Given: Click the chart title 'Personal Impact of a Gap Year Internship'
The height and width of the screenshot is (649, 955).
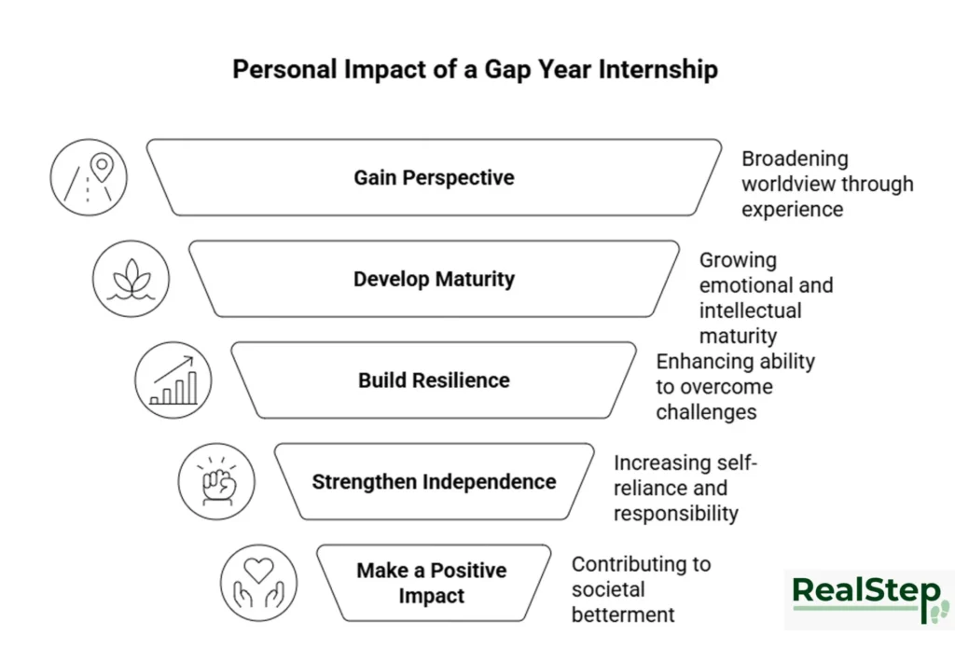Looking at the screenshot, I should tap(475, 70).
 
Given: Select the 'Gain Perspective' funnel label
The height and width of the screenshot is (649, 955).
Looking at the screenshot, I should tap(434, 177).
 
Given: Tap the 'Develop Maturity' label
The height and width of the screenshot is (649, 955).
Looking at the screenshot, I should tap(434, 279).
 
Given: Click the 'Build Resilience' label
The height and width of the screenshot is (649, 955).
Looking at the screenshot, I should tap(434, 380).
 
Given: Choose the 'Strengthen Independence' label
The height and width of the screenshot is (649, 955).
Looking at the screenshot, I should tap(434, 482).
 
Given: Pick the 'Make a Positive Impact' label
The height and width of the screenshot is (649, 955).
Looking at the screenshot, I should tap(431, 583).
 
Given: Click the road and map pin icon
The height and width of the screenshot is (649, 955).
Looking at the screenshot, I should tap(89, 177).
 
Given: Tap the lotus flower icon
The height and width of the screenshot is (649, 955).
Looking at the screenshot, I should tap(131, 279).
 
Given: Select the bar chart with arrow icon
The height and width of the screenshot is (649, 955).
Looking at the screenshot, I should tap(173, 380).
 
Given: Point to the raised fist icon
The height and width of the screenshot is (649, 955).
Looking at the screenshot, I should tap(216, 482).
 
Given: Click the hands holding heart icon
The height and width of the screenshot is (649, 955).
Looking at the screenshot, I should tap(258, 583).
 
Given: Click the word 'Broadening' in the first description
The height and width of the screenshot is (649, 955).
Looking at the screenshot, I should tap(795, 159).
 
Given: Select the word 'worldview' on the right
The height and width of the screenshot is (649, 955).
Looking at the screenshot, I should tap(788, 185).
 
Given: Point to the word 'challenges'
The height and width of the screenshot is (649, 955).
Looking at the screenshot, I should tap(706, 412).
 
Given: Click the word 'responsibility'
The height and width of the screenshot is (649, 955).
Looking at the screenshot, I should tap(675, 514).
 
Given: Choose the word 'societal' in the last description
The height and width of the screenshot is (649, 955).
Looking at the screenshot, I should tap(608, 589).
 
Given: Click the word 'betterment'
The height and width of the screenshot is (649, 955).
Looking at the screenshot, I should tap(623, 614).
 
